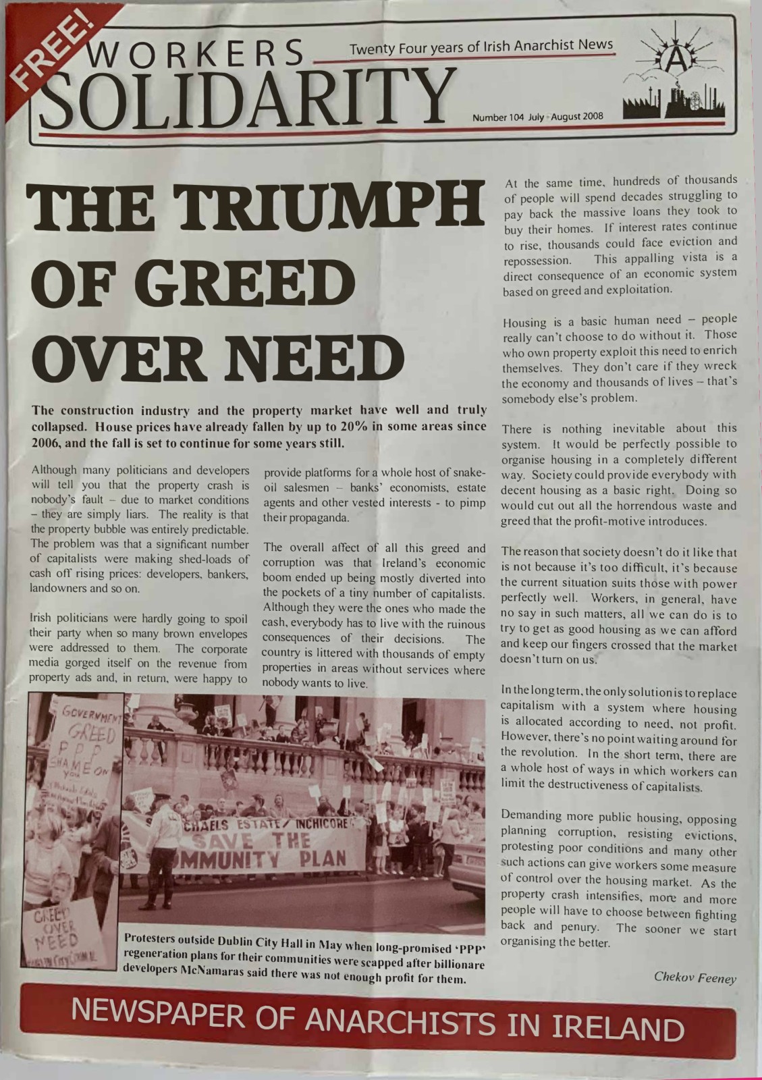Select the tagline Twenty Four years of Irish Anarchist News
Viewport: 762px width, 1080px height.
coord(481,47)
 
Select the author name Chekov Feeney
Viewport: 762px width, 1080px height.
coord(695,977)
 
